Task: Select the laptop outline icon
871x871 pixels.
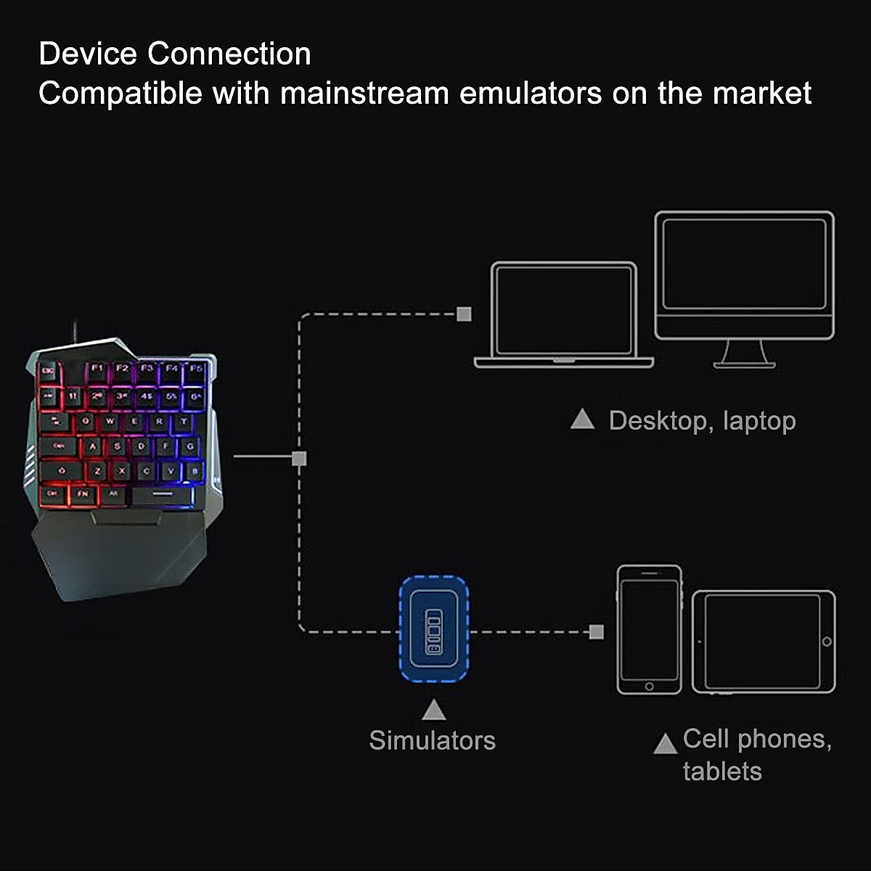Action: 563,314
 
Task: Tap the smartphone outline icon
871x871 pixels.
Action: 650,629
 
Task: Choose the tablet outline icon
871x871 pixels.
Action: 764,642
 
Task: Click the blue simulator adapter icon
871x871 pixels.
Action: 433,629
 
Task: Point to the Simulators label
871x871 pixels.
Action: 432,740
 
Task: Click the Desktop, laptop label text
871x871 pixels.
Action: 702,421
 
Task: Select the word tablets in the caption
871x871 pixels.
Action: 722,771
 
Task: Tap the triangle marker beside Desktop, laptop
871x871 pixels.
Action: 582,420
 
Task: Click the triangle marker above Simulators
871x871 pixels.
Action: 433,709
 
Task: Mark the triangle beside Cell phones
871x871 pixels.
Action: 665,744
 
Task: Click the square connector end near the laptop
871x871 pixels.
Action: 465,314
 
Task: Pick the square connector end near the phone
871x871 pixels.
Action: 597,631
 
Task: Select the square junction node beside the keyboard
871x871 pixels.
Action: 299,458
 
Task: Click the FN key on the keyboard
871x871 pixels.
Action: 83,494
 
